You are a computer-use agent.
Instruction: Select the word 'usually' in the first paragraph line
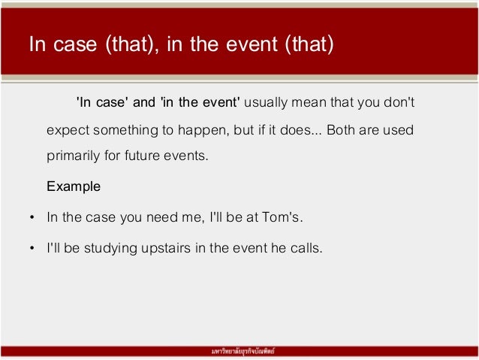tap(267, 101)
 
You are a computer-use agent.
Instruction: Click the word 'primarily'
tap(72, 157)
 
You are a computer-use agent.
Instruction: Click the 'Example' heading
tap(73, 185)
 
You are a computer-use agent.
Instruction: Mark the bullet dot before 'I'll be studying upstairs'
tap(31, 247)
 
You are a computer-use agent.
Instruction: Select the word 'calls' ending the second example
tap(306, 246)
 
